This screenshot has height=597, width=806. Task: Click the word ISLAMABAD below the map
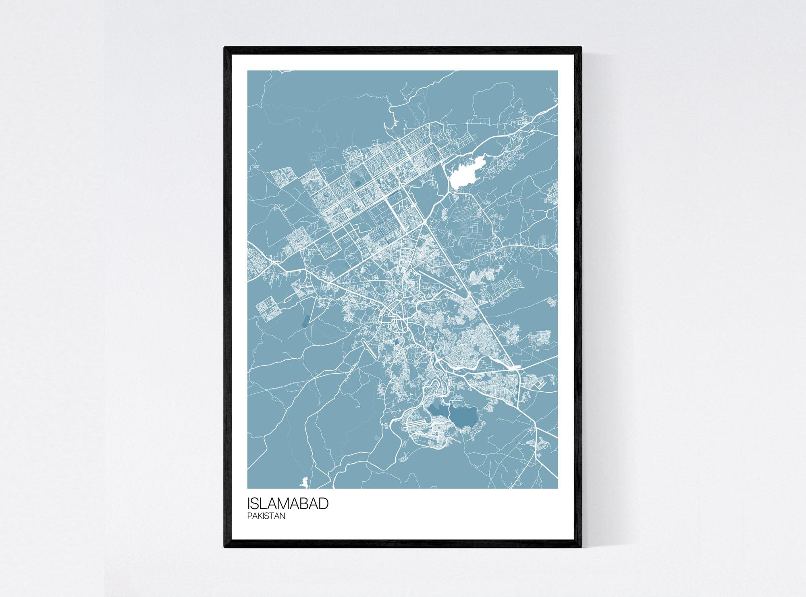click(x=288, y=504)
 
